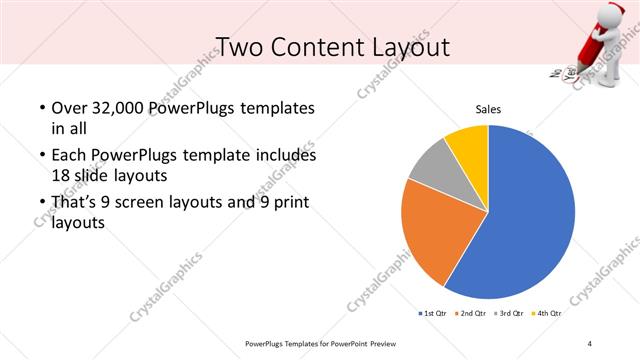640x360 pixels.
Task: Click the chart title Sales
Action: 487,109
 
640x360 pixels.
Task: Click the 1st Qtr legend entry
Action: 431,313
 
